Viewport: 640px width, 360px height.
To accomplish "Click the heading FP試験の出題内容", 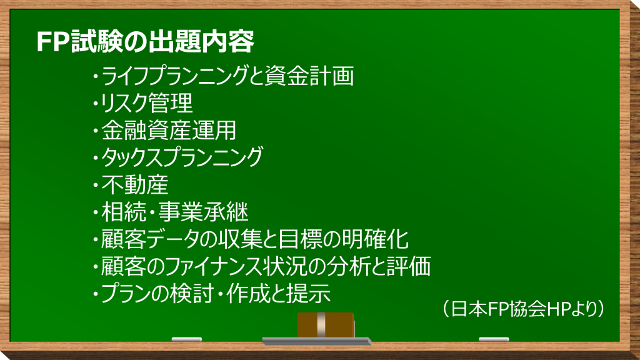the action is point(145,41).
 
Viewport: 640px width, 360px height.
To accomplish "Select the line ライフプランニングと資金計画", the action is point(224,76).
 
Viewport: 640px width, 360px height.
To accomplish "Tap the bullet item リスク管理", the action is point(143,103).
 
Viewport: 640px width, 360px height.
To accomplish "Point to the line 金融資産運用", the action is point(165,130).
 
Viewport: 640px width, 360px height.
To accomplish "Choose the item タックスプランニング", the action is point(178,157).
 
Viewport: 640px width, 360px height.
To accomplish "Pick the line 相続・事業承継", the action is point(171,212).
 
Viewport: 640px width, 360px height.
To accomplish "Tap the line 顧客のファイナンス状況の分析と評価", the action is point(262,266).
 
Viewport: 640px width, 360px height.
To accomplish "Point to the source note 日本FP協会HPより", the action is point(523,309).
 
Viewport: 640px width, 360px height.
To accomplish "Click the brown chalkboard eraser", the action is point(326,325).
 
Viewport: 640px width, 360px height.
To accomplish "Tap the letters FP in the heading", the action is point(52,42).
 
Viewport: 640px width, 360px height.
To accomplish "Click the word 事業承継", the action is point(203,212).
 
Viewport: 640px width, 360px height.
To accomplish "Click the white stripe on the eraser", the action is point(321,325).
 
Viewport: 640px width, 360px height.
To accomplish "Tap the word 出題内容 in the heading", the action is point(201,41).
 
